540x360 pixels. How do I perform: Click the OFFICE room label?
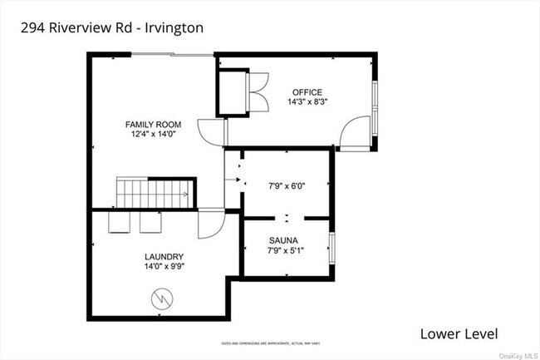pos(307,92)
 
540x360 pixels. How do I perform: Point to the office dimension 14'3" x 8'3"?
pos(307,102)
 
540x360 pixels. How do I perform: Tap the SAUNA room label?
pos(285,240)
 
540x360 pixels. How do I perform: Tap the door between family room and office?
pos(211,131)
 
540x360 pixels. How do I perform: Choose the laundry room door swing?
pos(211,222)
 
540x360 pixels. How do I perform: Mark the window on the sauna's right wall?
pos(332,248)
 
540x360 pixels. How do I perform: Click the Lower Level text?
pos(459,334)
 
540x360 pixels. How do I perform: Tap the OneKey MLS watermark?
pos(514,354)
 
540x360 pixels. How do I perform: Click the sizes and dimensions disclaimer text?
pos(271,342)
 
